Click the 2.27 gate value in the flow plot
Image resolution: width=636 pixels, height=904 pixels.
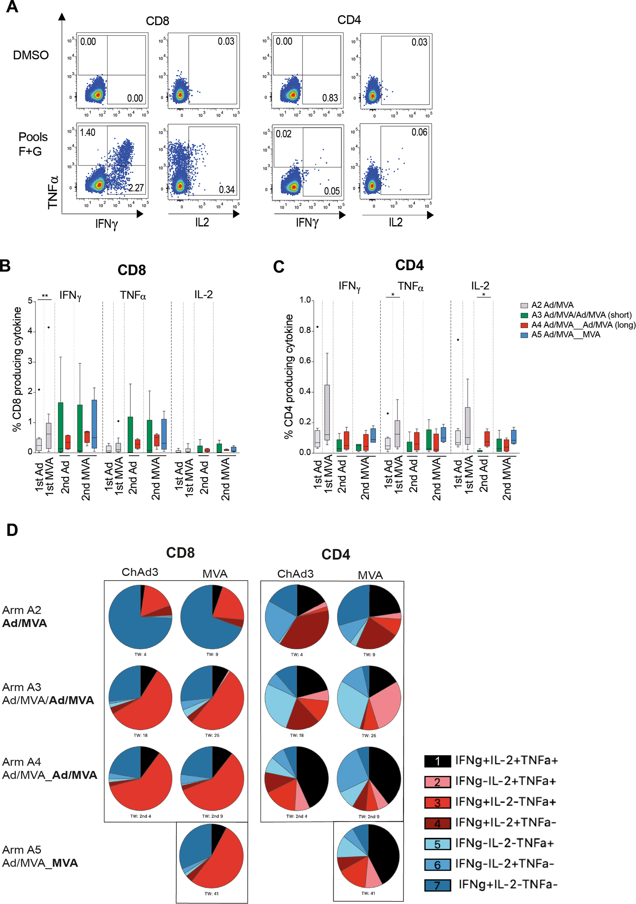(x=136, y=188)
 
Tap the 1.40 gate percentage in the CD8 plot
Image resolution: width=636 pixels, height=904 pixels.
(x=88, y=133)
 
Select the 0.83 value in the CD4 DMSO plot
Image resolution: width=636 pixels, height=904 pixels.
(x=330, y=98)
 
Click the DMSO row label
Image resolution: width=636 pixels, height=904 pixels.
(x=31, y=55)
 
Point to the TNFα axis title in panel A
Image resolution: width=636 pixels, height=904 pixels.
(x=53, y=192)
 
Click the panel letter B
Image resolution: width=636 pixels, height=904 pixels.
(x=5, y=265)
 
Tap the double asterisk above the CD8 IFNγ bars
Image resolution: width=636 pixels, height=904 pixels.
(x=45, y=296)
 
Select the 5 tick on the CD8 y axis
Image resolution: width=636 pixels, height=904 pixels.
(x=30, y=301)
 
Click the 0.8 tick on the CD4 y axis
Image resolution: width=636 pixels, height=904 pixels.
(x=305, y=330)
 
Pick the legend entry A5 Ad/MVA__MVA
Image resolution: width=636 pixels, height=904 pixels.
(x=565, y=335)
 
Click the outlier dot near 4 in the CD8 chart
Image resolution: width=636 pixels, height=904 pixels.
(x=49, y=327)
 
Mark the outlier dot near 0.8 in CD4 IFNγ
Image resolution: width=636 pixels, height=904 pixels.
(x=317, y=327)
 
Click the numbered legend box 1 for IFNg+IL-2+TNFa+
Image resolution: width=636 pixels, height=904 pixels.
(x=437, y=761)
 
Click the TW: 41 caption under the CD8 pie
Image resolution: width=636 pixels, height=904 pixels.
(x=212, y=894)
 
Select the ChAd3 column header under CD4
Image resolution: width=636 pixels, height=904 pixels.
(x=295, y=574)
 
